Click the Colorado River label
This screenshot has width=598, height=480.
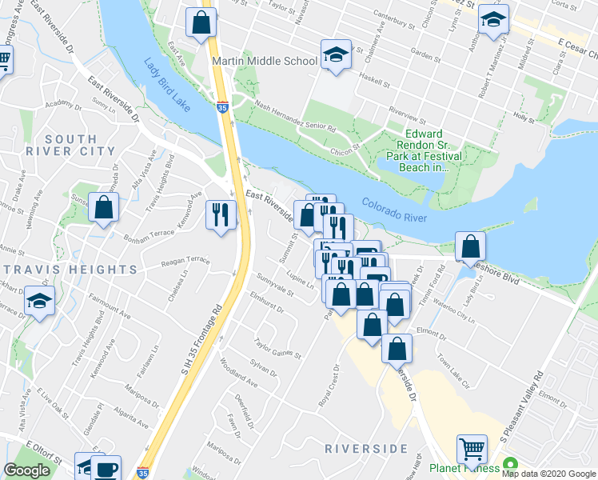(x=393, y=211)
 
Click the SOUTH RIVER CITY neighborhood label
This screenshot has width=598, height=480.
(x=61, y=145)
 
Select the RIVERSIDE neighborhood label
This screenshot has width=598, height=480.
(x=366, y=449)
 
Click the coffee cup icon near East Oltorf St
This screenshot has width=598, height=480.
(x=106, y=468)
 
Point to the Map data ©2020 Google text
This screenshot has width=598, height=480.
(x=548, y=474)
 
